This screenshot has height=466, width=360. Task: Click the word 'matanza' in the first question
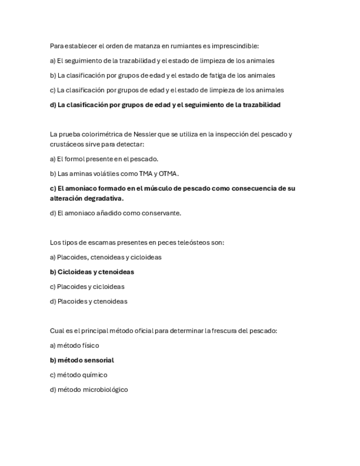[142, 46]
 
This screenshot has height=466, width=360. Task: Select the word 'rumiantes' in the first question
[179, 46]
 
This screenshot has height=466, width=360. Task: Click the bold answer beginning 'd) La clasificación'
[165, 104]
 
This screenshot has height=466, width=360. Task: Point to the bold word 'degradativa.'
[102, 198]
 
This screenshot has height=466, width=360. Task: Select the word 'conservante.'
[163, 213]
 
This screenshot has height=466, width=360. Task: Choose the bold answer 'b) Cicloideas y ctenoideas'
[92, 272]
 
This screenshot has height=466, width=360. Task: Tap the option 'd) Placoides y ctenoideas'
[88, 301]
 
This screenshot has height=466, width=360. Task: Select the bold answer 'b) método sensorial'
[82, 360]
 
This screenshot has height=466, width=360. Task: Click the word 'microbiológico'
[106, 390]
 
